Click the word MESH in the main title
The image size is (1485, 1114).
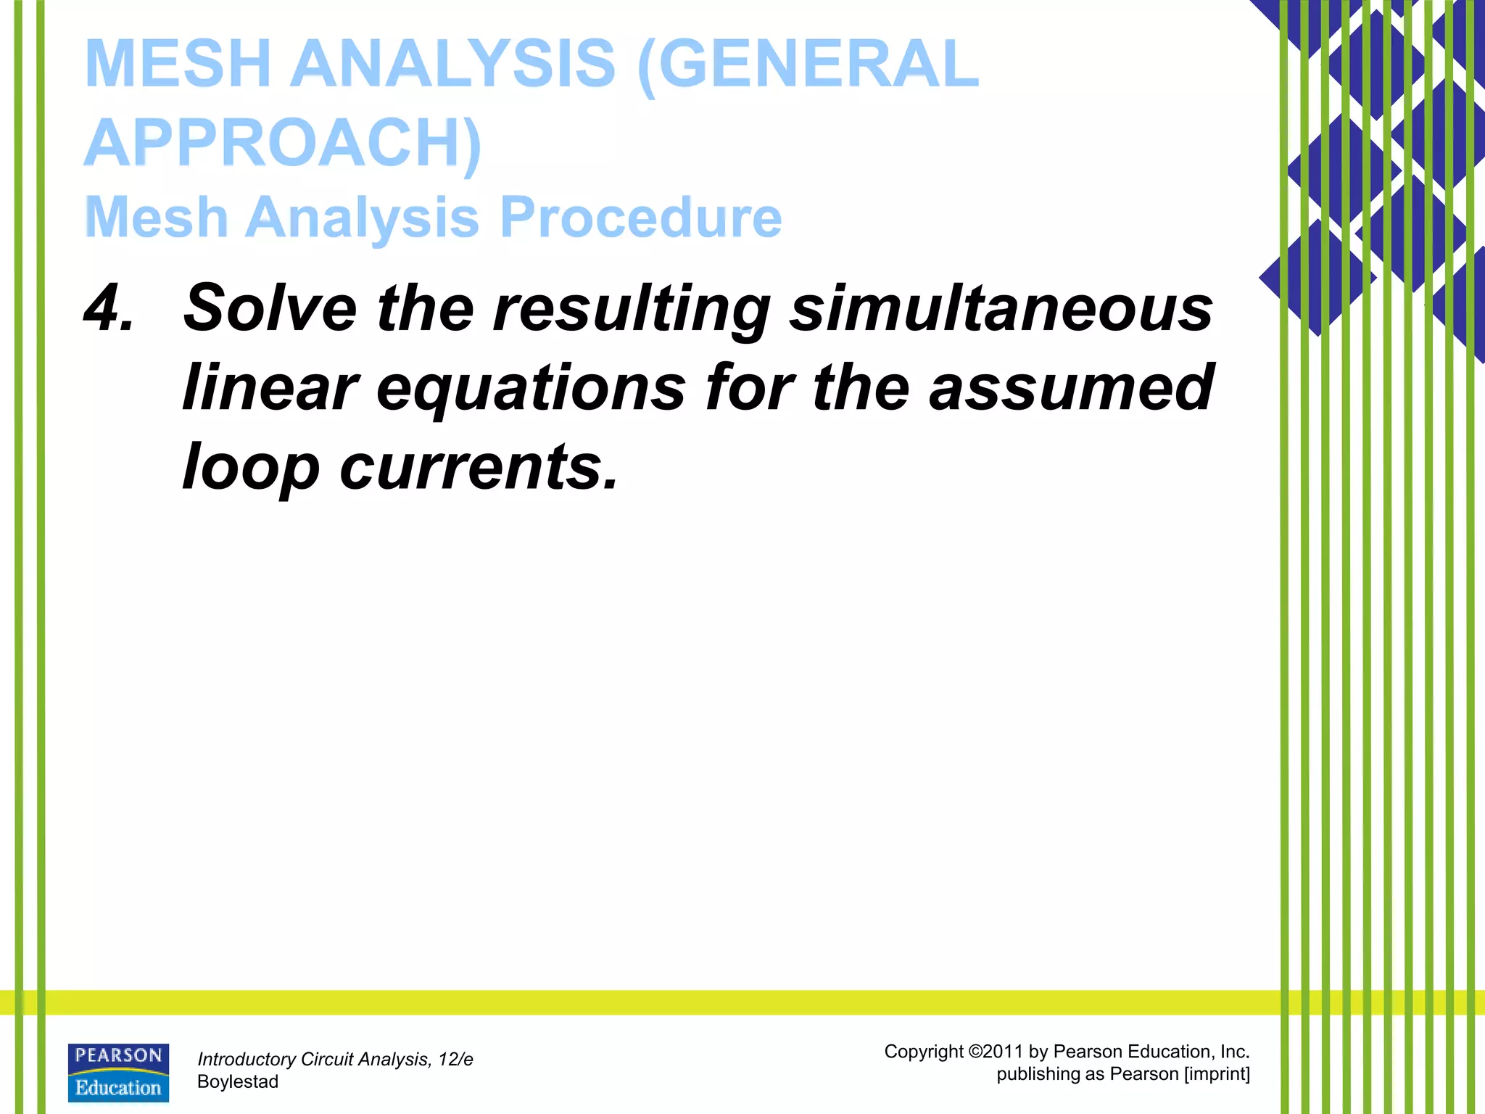coord(178,64)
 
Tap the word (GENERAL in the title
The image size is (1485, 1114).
coord(808,64)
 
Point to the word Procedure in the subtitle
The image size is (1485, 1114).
coord(641,217)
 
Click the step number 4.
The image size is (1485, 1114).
coord(109,308)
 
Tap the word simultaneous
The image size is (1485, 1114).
coord(1001,308)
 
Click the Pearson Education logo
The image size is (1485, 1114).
coord(118,1073)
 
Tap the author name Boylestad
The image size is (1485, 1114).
coord(238,1082)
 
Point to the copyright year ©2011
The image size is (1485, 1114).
coord(996,1052)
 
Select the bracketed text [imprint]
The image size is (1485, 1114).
coord(1217,1074)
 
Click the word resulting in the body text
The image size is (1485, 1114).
coord(631,308)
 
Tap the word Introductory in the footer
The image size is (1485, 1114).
coord(246,1060)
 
